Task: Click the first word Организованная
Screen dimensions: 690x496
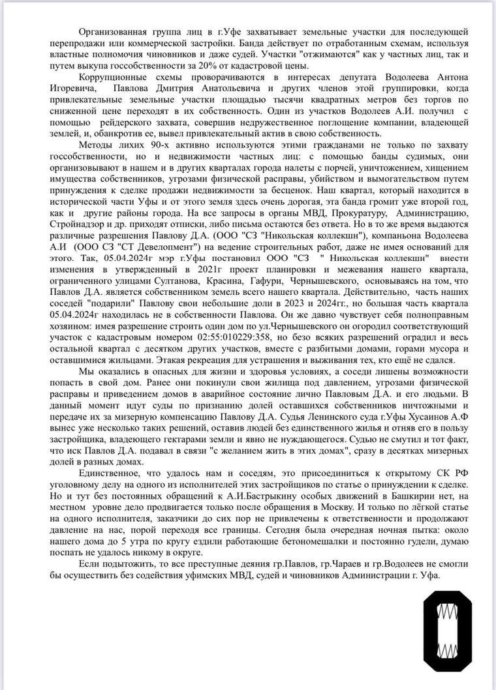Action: pos(110,32)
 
